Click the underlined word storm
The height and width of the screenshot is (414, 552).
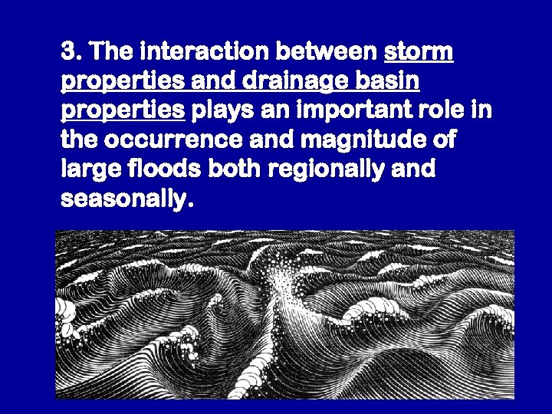[x=418, y=53]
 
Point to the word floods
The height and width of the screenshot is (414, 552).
[x=153, y=169]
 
